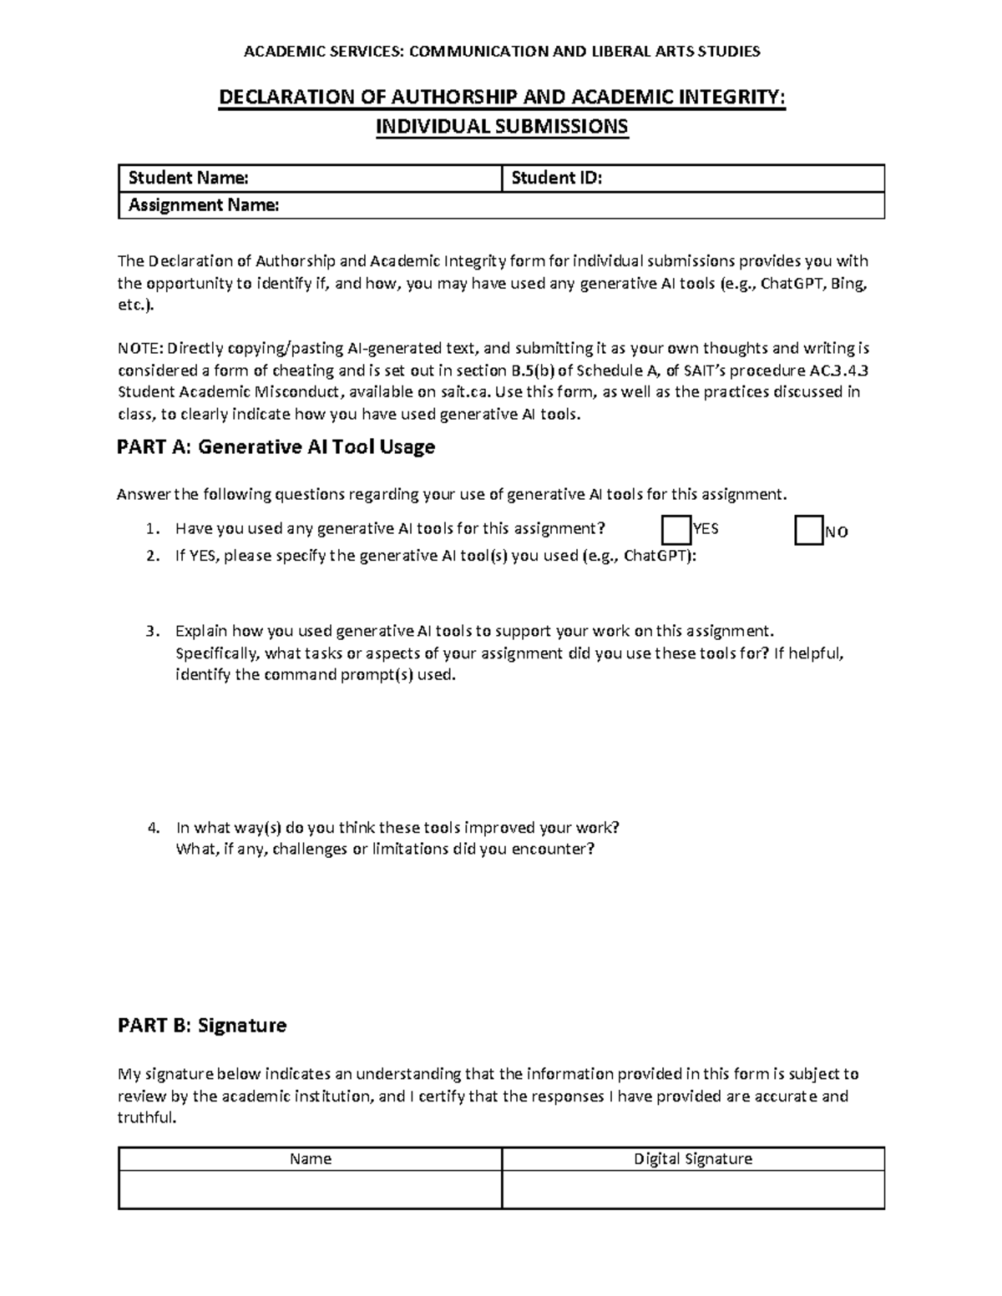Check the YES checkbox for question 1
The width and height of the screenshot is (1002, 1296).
tap(676, 530)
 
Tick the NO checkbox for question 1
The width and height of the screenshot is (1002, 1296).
tap(808, 531)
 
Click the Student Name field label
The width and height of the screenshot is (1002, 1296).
tap(188, 178)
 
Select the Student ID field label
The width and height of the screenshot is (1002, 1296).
tap(556, 178)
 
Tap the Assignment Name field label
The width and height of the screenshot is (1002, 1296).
tap(203, 205)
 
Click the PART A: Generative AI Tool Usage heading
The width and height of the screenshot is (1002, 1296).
tap(276, 447)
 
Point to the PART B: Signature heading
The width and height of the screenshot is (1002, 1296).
tap(202, 1026)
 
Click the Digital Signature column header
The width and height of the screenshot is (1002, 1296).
tap(693, 1159)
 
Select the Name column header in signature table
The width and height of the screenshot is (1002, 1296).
tap(310, 1159)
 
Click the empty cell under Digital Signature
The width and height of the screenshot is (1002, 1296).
tap(693, 1189)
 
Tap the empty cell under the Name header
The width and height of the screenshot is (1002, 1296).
tap(310, 1189)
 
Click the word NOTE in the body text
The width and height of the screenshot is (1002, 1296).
tap(136, 349)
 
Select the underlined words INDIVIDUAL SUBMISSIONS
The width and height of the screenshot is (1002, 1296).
tap(502, 127)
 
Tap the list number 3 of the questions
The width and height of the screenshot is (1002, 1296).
tap(151, 632)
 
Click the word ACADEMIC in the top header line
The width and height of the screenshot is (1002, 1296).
tap(276, 52)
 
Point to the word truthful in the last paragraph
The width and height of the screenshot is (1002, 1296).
tap(147, 1118)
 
